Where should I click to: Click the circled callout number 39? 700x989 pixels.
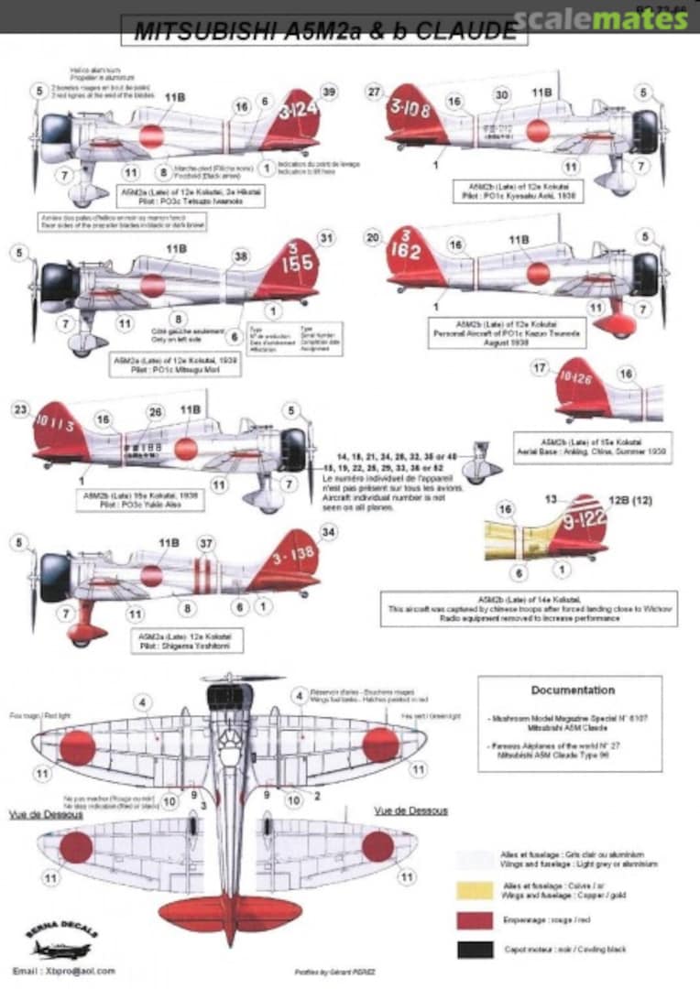point(330,91)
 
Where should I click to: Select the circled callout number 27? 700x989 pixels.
point(373,92)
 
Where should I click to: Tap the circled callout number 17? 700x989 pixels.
point(539,368)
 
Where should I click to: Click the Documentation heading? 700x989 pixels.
point(573,690)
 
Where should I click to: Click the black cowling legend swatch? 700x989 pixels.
point(468,950)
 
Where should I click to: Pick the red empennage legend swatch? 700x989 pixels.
point(468,918)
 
